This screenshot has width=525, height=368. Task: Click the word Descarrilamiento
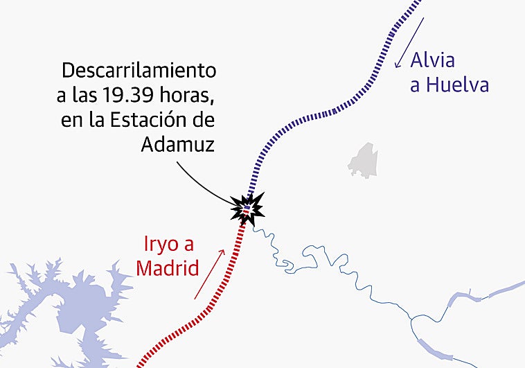pyautogui.click(x=139, y=71)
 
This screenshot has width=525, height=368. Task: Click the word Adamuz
pyautogui.click(x=178, y=143)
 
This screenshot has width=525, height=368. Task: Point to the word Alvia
pyautogui.click(x=433, y=60)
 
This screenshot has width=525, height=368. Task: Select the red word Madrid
pyautogui.click(x=167, y=268)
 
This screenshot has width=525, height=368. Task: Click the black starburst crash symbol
pyautogui.click(x=247, y=207)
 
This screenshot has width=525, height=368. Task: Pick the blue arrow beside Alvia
pyautogui.click(x=409, y=43)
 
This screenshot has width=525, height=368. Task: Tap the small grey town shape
pyautogui.click(x=362, y=161)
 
